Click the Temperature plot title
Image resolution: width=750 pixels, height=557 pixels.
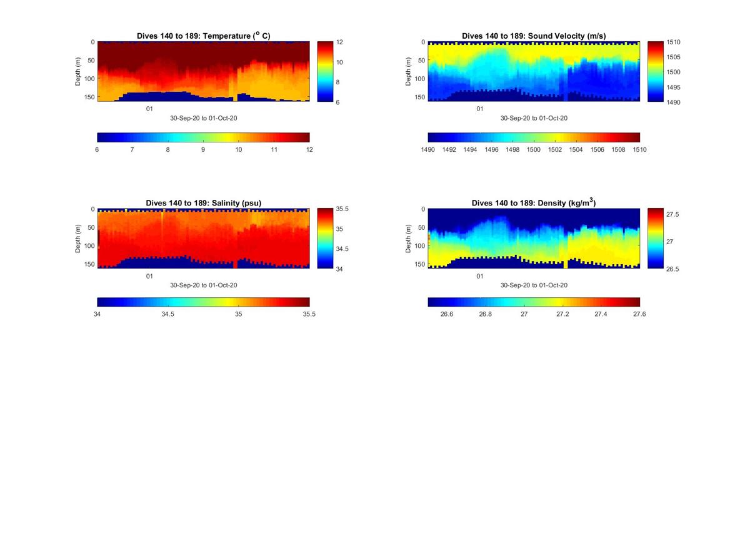203,36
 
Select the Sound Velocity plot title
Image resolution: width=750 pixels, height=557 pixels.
534,36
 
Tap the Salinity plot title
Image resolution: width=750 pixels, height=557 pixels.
203,203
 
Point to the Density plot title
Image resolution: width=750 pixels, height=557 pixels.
534,203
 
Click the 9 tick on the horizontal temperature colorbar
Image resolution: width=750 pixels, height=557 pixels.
203,150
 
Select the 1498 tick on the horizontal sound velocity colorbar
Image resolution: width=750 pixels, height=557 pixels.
512,150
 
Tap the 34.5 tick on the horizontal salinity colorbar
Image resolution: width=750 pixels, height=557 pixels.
167,314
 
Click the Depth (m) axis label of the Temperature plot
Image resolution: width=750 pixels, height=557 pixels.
79,71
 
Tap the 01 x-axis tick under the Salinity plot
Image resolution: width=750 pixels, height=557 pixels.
149,276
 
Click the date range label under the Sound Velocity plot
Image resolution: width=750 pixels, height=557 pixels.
534,118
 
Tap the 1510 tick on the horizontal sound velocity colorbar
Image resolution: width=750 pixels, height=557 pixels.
639,150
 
